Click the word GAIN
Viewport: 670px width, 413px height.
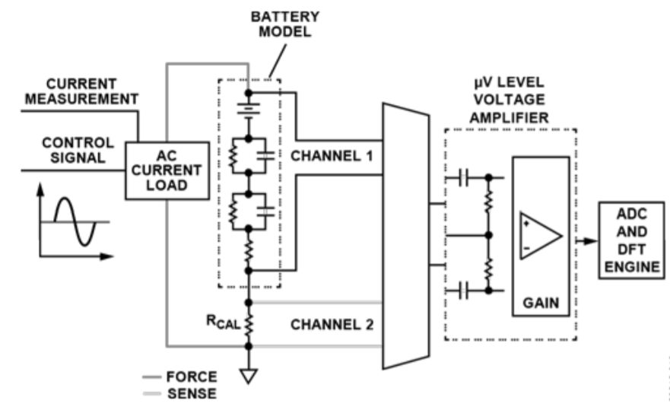point(540,303)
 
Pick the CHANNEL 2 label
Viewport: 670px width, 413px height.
point(332,324)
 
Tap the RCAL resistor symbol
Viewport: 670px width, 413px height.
point(248,323)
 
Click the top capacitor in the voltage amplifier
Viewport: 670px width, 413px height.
point(466,177)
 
